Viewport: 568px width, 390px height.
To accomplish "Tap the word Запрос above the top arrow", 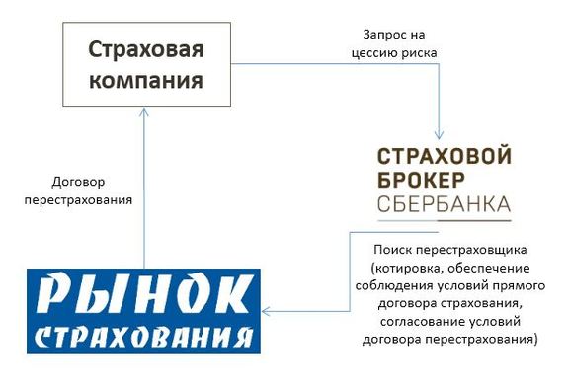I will (x=373, y=34).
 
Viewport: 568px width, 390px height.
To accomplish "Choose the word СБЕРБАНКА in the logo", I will (x=444, y=205).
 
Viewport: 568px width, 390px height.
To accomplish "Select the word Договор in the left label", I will (x=77, y=182).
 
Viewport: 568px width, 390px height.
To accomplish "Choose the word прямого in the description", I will (x=515, y=286).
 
